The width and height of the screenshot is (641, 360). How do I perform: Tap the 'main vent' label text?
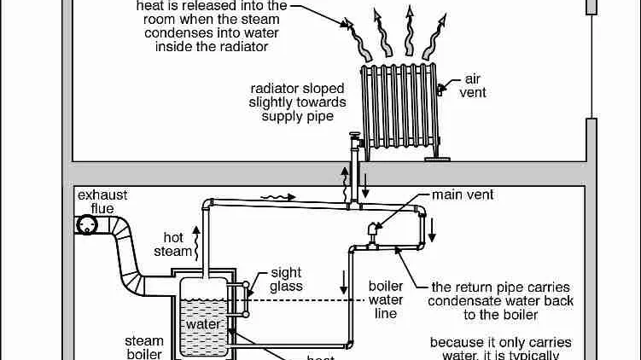click(463, 195)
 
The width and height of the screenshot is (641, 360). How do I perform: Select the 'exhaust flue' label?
click(102, 202)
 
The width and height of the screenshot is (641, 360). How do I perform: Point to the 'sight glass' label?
click(286, 280)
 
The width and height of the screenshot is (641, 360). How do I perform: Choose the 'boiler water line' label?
click(385, 299)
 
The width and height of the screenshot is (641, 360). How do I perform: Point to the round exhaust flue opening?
click(86, 224)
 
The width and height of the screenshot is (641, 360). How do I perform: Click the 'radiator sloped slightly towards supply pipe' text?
click(298, 102)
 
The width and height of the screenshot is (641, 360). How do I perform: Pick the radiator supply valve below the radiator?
click(353, 139)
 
